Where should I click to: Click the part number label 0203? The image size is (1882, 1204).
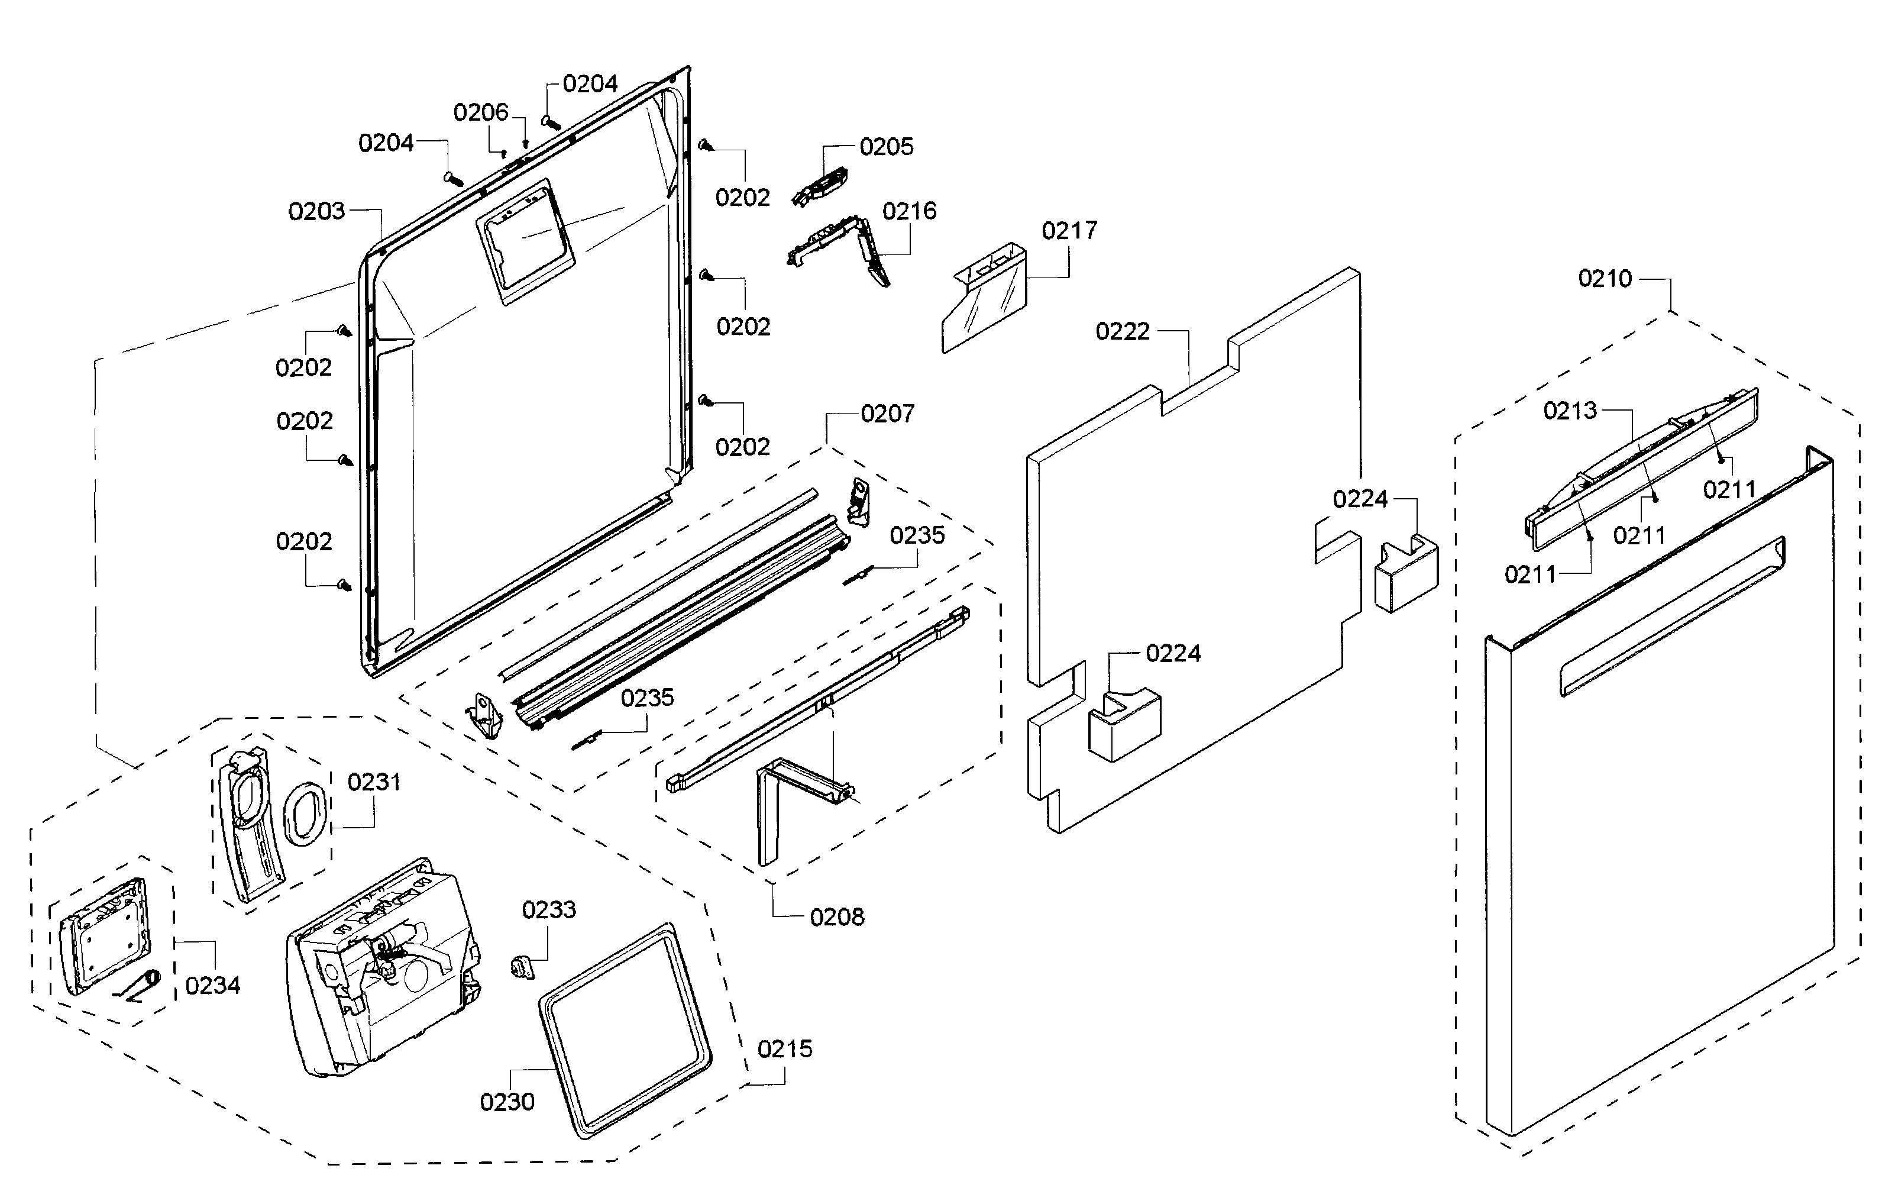click(316, 211)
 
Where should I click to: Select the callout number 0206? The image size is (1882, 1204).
click(481, 112)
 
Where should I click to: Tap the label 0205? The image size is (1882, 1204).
click(886, 147)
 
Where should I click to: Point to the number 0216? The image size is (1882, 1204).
click(910, 211)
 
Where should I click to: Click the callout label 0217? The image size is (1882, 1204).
click(1069, 231)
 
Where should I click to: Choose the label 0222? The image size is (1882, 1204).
click(1123, 331)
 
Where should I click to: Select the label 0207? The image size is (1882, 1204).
click(888, 414)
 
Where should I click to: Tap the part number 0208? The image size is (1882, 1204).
click(837, 917)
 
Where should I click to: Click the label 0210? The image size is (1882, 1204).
click(1605, 278)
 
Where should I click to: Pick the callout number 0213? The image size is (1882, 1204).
click(1570, 411)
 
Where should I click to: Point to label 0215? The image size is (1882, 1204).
click(785, 1049)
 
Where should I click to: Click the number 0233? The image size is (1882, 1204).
click(549, 910)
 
